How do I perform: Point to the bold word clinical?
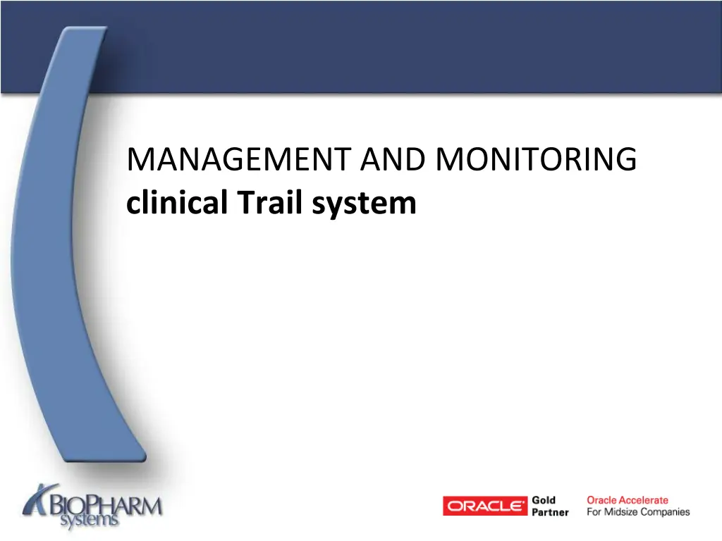pos(177,204)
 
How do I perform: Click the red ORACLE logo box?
pos(485,506)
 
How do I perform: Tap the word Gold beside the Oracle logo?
pos(544,500)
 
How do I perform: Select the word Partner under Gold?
pos(550,512)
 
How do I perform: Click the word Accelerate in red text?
pos(644,500)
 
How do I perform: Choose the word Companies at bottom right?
pos(666,512)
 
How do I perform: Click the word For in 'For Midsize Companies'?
pos(594,512)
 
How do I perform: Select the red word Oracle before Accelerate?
pos(602,500)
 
